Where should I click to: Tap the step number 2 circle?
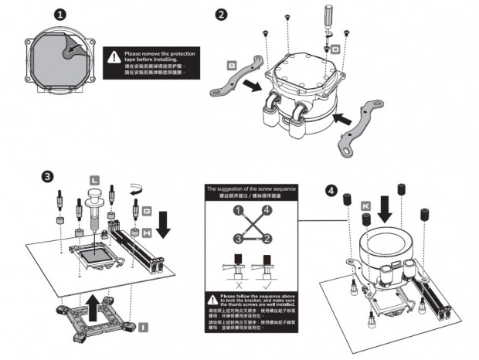click(222, 15)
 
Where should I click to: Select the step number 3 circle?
click(49, 176)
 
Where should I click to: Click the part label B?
click(232, 66)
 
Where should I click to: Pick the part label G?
click(147, 210)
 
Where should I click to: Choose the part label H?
click(147, 232)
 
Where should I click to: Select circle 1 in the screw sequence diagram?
click(239, 209)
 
